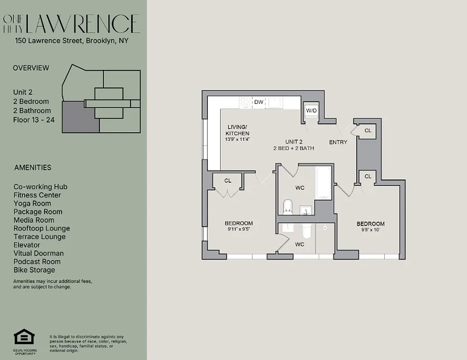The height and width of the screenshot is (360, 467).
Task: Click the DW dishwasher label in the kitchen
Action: tap(259, 102)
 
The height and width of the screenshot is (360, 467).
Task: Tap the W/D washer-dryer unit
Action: tap(311, 111)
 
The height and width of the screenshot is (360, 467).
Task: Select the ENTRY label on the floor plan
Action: tap(338, 142)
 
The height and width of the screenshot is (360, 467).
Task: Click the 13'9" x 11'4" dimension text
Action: tap(237, 139)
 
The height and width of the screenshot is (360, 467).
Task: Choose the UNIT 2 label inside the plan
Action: tap(293, 142)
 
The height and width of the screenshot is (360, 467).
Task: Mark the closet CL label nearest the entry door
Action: tap(368, 130)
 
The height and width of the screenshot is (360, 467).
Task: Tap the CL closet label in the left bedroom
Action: tap(228, 180)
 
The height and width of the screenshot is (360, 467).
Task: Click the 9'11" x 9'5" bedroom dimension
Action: tap(238, 229)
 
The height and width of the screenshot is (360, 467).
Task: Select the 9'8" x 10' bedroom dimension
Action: tap(370, 230)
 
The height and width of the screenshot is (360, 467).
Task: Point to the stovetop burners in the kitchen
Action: tap(246, 102)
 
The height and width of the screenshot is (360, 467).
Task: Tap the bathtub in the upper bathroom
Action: tap(323, 184)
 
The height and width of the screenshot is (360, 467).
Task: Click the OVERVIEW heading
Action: tap(31, 68)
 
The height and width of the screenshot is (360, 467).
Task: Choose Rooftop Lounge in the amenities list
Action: tap(41, 228)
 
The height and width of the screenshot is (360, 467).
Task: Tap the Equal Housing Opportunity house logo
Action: tap(24, 337)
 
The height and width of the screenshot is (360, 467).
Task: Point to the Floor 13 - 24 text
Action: tap(34, 120)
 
